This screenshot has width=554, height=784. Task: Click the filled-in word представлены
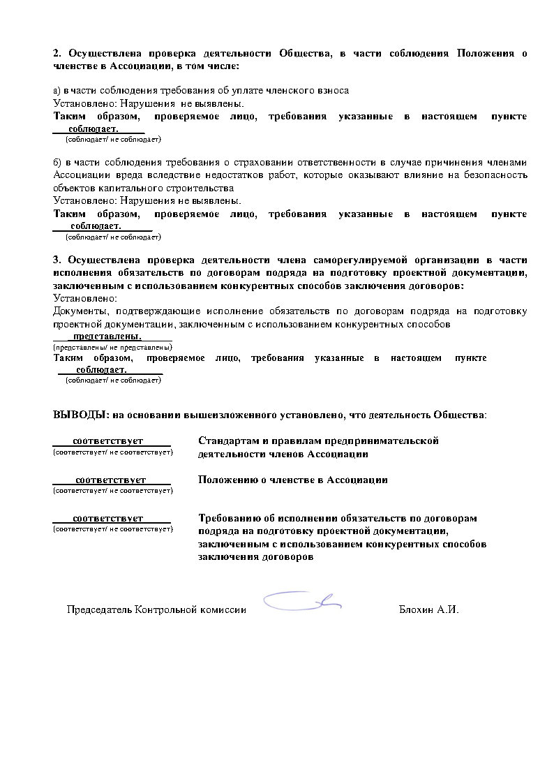[x=112, y=336]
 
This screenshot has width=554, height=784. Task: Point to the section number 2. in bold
[x=57, y=54]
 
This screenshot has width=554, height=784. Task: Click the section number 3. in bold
[x=57, y=260]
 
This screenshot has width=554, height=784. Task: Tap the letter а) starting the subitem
[x=57, y=91]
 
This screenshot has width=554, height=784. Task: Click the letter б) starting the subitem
[x=58, y=163]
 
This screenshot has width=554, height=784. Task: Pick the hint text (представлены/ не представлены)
[x=113, y=347]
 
